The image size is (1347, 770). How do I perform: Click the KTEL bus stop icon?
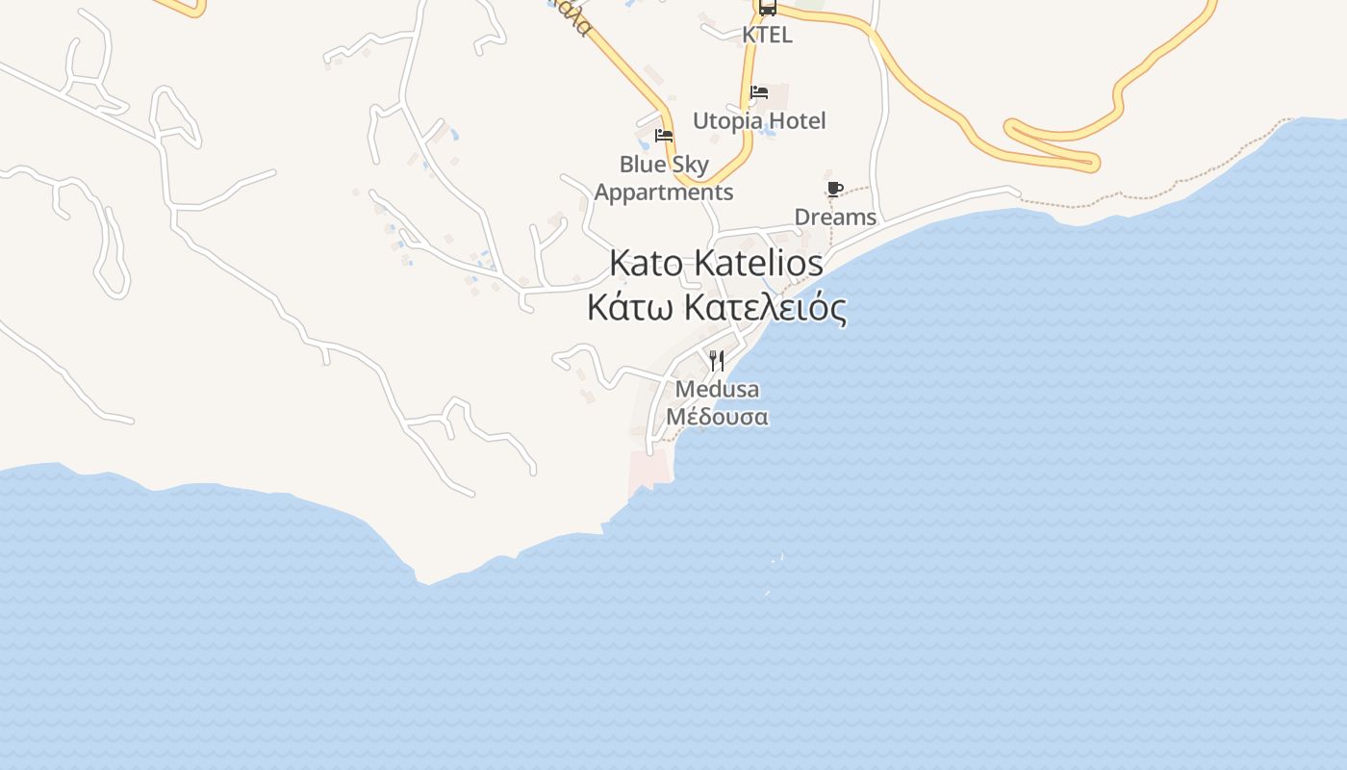[767, 9]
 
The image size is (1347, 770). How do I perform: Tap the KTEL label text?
[767, 35]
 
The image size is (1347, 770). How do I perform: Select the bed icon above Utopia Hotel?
[759, 93]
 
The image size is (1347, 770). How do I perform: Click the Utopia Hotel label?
[759, 121]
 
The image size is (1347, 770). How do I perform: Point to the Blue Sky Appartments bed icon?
[663, 136]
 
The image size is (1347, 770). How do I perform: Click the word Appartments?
[663, 192]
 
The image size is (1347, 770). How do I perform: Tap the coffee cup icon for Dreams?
[834, 189]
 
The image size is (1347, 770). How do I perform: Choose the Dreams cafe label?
[835, 218]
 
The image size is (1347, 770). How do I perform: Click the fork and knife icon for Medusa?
[717, 361]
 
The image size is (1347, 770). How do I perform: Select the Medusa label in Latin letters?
[717, 390]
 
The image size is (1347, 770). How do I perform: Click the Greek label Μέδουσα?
[717, 418]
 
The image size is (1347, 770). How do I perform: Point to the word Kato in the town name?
[647, 263]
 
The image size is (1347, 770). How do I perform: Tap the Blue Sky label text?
[663, 165]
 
